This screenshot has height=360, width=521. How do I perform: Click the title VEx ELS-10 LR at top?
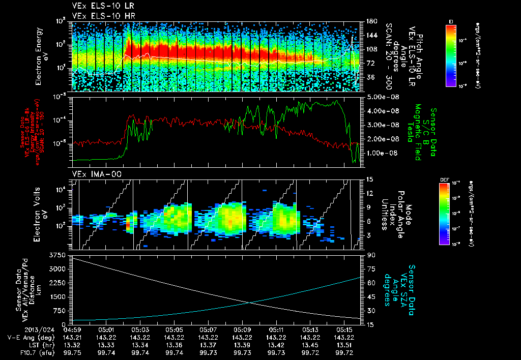click(x=97, y=7)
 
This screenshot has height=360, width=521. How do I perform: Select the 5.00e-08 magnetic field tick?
click(x=381, y=97)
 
